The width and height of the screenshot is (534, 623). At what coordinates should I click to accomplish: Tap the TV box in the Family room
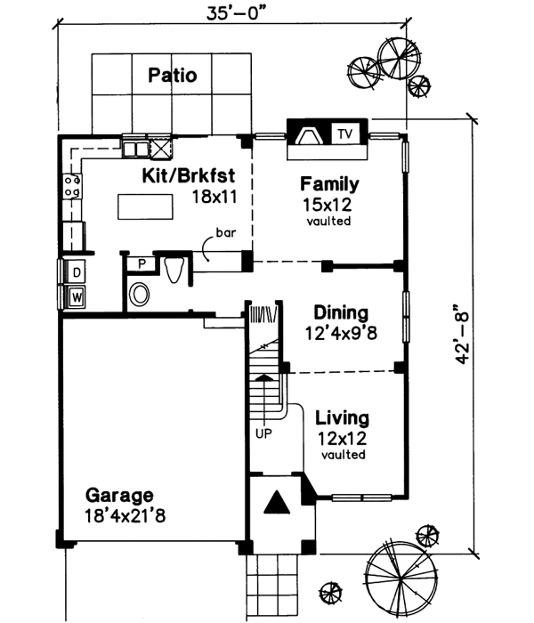click(345, 134)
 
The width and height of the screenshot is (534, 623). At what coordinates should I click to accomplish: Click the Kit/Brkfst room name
click(189, 175)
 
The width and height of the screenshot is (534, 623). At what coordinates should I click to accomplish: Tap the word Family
click(329, 185)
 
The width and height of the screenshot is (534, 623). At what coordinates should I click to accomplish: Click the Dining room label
click(341, 313)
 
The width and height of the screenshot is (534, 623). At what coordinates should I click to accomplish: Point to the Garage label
click(119, 495)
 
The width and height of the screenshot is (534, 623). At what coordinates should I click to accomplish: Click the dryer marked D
click(77, 271)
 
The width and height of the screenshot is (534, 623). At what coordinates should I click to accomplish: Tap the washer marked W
click(77, 296)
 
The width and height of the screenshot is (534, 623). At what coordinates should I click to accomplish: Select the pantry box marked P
click(141, 264)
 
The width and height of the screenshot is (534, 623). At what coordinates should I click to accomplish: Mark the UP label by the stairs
click(263, 433)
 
